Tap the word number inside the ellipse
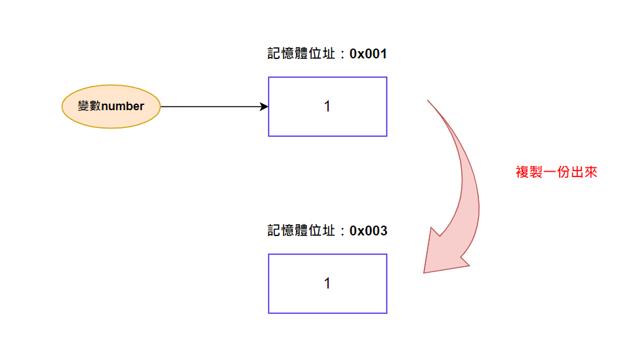(123, 106)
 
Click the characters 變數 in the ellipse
(89, 106)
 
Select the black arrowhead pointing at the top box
(264, 106)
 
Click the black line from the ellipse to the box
(210, 106)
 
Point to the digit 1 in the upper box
(327, 106)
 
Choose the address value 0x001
(368, 54)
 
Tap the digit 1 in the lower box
(327, 283)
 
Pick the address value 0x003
(368, 231)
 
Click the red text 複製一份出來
(556, 172)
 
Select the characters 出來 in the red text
(584, 172)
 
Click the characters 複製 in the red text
(529, 172)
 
